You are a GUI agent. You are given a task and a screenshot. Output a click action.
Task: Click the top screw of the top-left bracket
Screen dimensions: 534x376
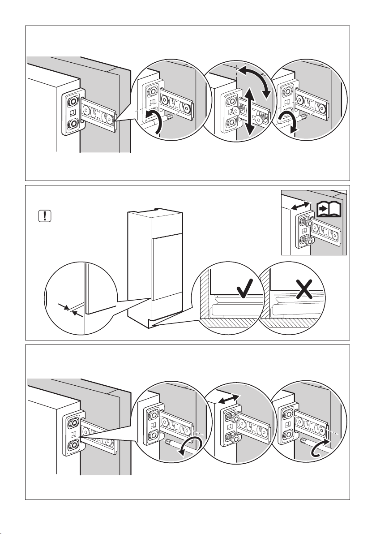pos(71,100)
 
